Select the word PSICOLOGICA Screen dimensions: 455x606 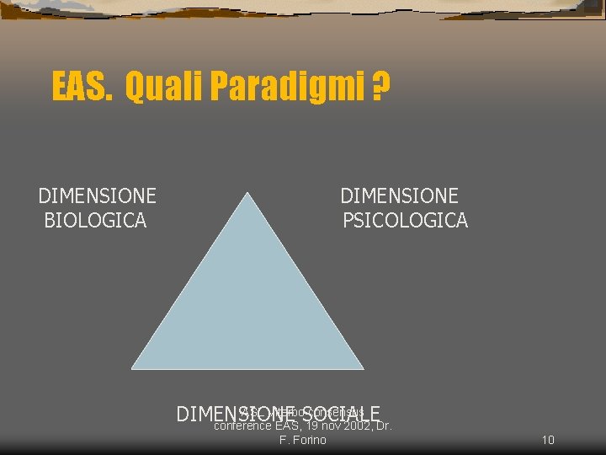pyautogui.click(x=405, y=221)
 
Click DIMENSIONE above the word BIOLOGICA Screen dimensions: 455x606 pyautogui.click(x=97, y=196)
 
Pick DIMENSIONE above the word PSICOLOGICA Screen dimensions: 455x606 pyautogui.click(x=399, y=196)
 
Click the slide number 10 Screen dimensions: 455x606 pyautogui.click(x=548, y=440)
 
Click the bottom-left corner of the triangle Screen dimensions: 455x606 pyautogui.click(x=133, y=367)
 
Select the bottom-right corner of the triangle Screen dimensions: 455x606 pyautogui.click(x=362, y=367)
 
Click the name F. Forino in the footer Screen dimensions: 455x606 pyautogui.click(x=302, y=440)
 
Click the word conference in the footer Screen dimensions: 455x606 pyautogui.click(x=243, y=426)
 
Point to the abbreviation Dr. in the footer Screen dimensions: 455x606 pyautogui.click(x=384, y=426)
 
